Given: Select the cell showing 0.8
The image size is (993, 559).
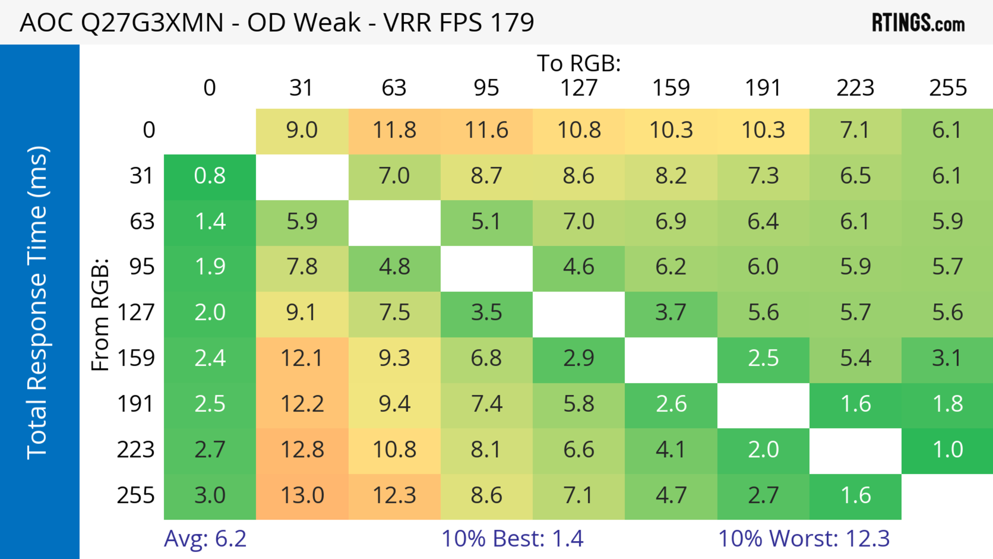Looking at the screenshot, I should (x=210, y=176).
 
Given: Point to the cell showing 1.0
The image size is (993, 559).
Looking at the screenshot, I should (x=947, y=450).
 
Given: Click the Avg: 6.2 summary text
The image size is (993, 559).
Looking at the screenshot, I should (x=205, y=539).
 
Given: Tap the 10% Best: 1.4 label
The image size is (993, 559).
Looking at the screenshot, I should (x=512, y=539).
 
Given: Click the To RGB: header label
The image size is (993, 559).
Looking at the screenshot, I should (x=579, y=63).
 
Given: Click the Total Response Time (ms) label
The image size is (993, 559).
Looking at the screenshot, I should (x=38, y=303).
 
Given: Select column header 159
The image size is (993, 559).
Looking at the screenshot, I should (x=671, y=88).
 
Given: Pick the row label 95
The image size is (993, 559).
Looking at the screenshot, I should (x=142, y=267).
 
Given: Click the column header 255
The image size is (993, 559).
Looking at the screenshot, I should (x=947, y=88).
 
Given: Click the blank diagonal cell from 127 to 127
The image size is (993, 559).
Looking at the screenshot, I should (x=579, y=314).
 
